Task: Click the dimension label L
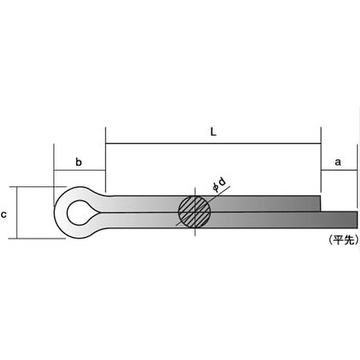click(x=213, y=132)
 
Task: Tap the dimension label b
click(x=78, y=162)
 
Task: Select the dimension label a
click(x=338, y=162)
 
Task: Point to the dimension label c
click(x=4, y=215)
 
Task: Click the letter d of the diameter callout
click(x=222, y=182)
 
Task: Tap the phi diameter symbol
click(x=216, y=188)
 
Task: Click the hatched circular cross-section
click(x=194, y=212)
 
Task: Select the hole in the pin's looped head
click(x=78, y=212)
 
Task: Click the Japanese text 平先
click(x=344, y=240)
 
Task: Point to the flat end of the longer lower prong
click(x=357, y=220)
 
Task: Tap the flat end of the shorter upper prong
click(x=320, y=203)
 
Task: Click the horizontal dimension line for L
click(x=213, y=144)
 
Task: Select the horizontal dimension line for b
click(x=80, y=171)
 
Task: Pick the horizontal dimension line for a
click(x=339, y=171)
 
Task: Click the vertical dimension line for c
click(x=17, y=212)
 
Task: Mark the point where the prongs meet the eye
click(x=99, y=212)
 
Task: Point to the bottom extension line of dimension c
click(x=37, y=238)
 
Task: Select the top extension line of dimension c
click(x=38, y=187)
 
